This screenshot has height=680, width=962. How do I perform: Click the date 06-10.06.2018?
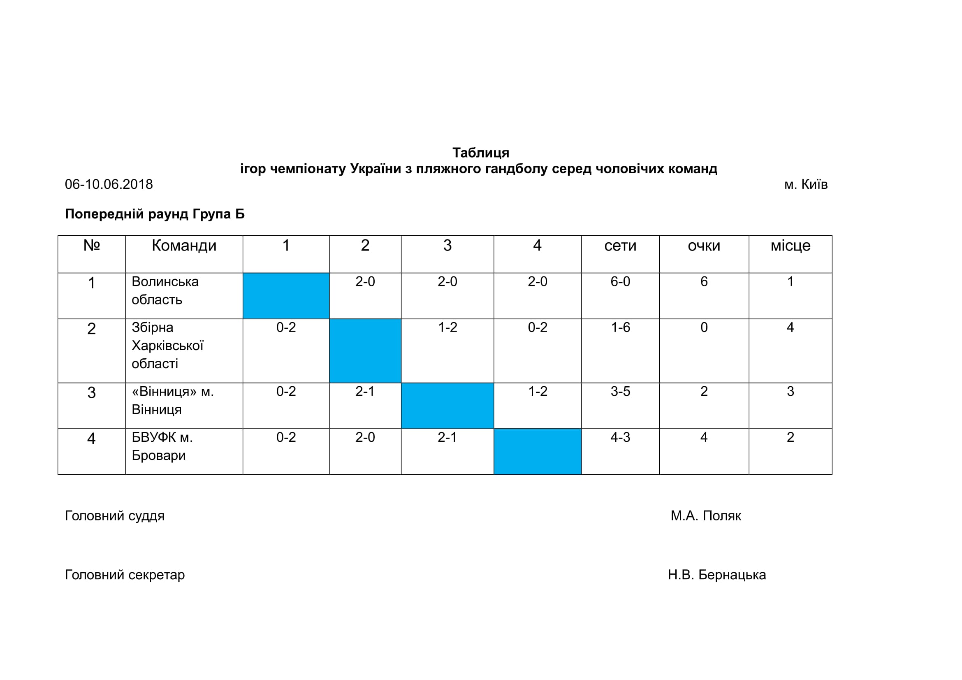coord(109,184)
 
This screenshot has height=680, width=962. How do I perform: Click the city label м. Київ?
coord(806,184)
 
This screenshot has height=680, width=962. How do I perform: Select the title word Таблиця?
coord(480,153)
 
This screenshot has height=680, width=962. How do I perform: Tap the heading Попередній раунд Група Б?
coord(155,214)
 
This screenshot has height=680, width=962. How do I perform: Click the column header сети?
coord(620,246)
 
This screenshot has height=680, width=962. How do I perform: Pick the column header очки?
coord(704,246)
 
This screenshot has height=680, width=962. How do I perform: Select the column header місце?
coord(790,246)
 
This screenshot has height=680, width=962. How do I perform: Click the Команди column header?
coord(184,246)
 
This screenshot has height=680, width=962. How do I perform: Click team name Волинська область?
coord(165,290)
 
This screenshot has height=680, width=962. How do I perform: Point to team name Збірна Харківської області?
coord(167,346)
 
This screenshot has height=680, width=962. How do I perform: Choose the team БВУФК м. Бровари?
coord(162,446)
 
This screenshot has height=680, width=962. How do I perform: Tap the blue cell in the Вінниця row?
coord(447,406)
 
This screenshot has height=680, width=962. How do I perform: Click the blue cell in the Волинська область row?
coord(286,296)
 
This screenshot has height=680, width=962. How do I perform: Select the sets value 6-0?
coord(620,281)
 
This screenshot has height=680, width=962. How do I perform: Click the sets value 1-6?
coord(620,327)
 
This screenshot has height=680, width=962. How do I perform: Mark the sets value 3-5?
coord(620,391)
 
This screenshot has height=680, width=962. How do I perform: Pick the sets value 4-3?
coord(620,437)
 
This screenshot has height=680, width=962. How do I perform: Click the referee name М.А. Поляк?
coord(706,516)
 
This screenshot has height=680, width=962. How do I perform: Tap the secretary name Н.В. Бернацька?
coord(716,575)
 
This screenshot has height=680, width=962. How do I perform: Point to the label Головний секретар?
coord(125,575)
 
